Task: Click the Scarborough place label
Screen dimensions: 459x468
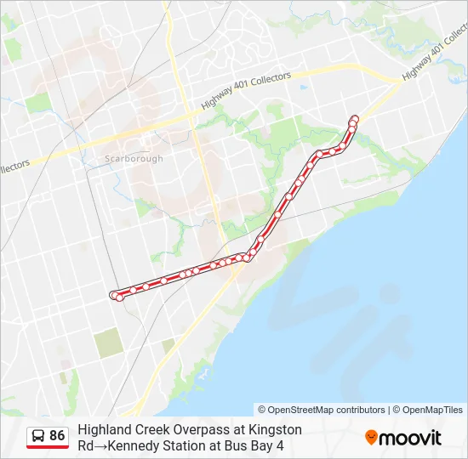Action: [133, 159]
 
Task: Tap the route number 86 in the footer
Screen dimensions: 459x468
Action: [57, 436]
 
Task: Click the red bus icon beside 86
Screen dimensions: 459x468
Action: [38, 437]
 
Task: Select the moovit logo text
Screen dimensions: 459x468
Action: [409, 438]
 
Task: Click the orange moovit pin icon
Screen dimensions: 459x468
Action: [371, 438]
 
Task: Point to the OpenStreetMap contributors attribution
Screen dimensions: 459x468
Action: [322, 410]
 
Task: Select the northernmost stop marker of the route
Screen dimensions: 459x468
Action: [355, 118]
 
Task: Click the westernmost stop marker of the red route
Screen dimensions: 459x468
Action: [114, 294]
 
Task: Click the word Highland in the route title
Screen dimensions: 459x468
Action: [104, 430]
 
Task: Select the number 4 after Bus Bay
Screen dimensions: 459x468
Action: [279, 445]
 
